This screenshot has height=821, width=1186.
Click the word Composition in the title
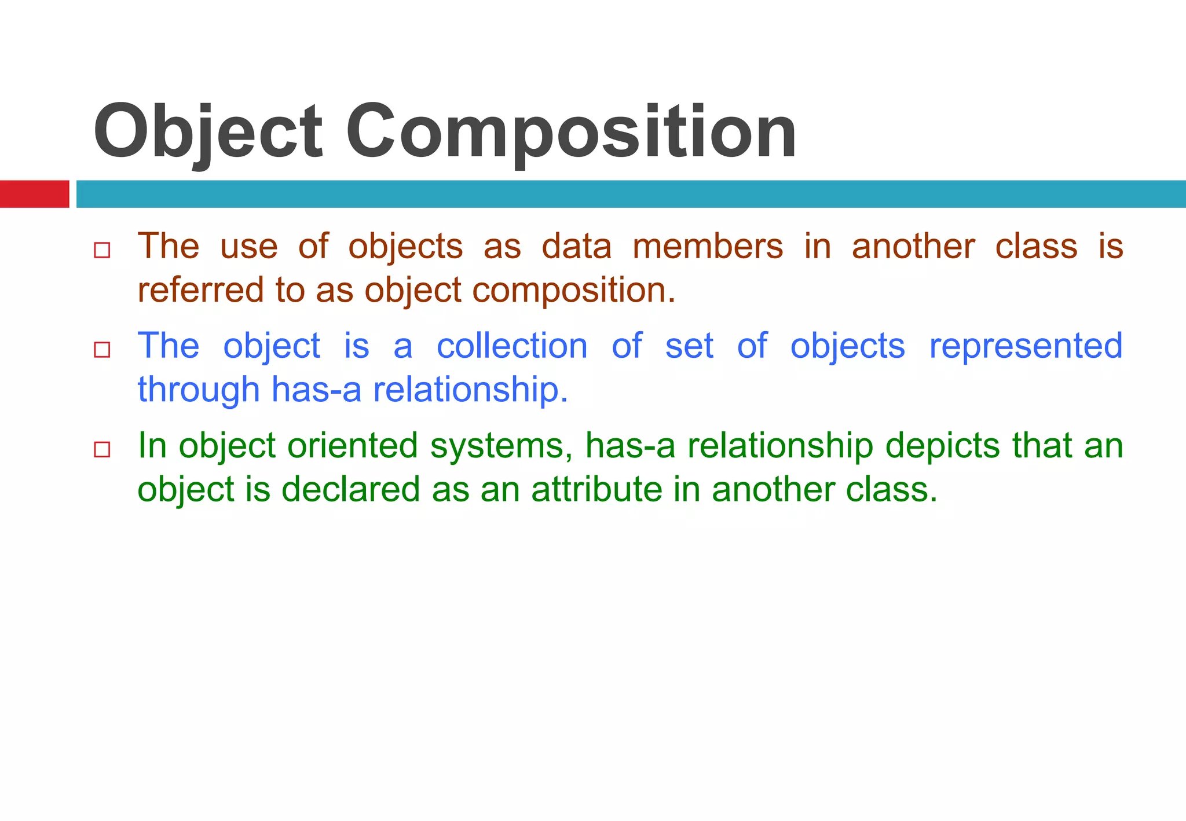[x=570, y=132]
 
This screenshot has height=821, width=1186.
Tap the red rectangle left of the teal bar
[x=34, y=194]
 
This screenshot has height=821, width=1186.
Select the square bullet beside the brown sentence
[x=102, y=250]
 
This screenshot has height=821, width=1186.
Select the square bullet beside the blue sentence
[x=102, y=350]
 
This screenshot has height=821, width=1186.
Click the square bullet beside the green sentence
[x=102, y=449]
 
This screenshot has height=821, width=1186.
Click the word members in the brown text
[x=707, y=247]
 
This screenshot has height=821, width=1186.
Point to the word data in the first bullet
[x=576, y=247]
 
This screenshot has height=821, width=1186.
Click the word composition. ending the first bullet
[x=574, y=291]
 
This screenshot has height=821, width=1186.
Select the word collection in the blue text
[x=512, y=346]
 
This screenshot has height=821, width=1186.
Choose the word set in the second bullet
[x=689, y=346]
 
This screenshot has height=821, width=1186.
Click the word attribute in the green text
[x=596, y=489]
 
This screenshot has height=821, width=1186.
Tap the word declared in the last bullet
[x=350, y=489]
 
